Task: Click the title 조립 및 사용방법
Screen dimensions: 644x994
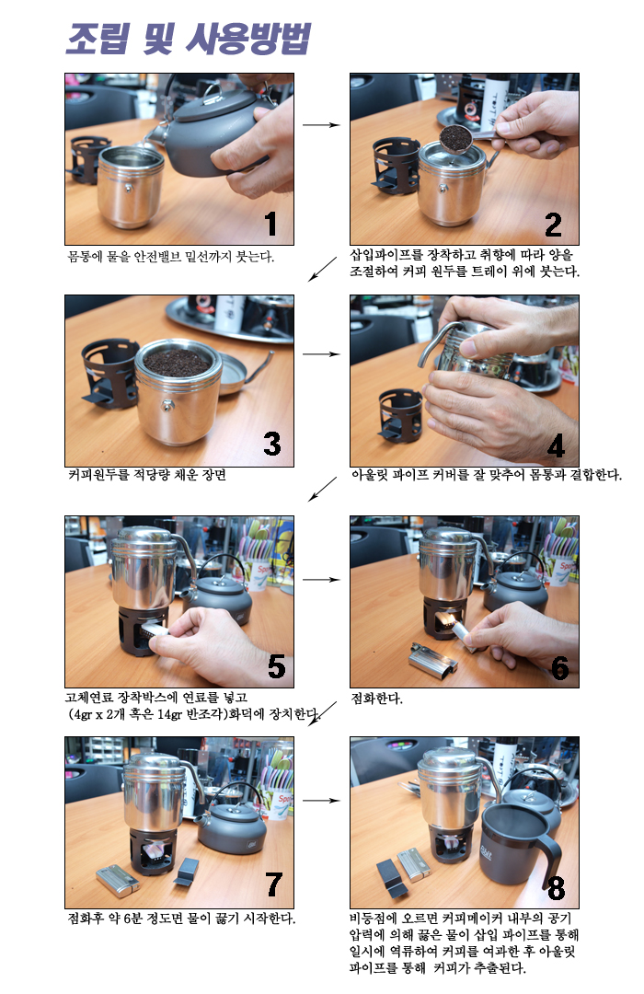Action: (189, 39)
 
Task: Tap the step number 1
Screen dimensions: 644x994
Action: (270, 224)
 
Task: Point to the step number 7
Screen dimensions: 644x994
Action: (273, 884)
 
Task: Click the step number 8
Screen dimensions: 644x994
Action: (556, 887)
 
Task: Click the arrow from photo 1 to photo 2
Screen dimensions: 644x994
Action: (321, 125)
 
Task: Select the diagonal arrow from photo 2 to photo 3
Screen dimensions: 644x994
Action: (323, 269)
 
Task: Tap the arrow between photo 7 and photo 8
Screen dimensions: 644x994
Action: (321, 801)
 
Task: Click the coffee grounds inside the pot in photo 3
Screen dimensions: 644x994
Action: (177, 362)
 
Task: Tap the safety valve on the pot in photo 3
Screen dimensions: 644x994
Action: (168, 405)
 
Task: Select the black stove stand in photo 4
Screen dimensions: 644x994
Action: (400, 415)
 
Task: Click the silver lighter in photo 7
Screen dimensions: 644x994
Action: (118, 881)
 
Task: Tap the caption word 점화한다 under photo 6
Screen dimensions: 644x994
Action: (376, 699)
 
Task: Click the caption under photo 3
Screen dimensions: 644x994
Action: (146, 475)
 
